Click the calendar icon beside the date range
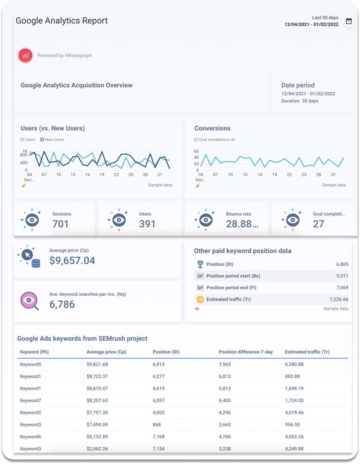tap(349, 21)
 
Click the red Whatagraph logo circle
tap(25, 55)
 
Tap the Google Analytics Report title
tap(62, 21)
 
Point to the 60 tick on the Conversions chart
tap(196, 151)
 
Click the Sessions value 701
tap(60, 224)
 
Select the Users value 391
tap(147, 224)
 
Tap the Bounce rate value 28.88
tap(242, 224)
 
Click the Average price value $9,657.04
tap(72, 261)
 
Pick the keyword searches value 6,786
tap(62, 305)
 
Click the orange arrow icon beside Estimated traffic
tap(200, 299)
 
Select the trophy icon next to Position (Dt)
tap(200, 264)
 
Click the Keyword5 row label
tap(30, 364)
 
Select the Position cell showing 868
tap(157, 425)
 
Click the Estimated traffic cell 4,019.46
tap(294, 412)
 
